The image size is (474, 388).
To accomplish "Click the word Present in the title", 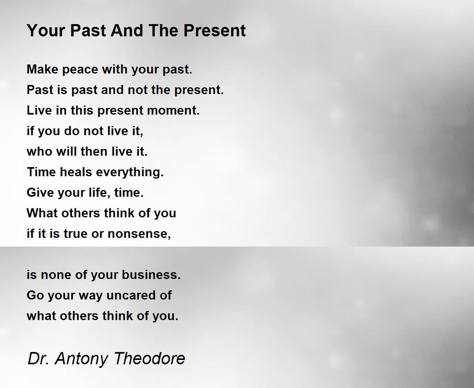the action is (214, 30).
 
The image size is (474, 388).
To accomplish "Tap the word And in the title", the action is (127, 30).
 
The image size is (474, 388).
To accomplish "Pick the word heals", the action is (76, 172).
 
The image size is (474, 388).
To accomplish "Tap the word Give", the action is (40, 192).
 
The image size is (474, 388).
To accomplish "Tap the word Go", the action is (35, 295).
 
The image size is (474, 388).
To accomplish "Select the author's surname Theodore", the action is (150, 358).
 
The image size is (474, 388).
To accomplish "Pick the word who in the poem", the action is (39, 151).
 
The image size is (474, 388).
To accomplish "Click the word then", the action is (94, 151).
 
